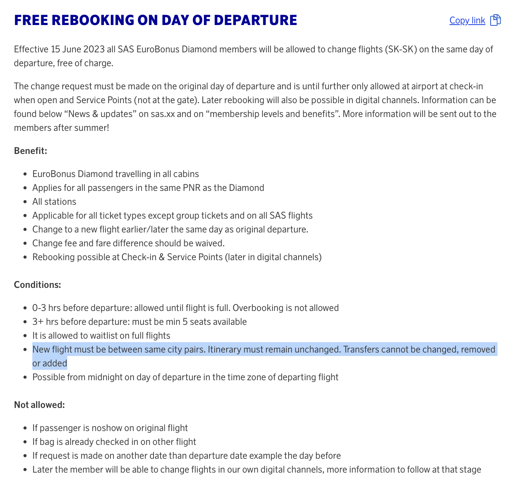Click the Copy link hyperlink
[467, 20]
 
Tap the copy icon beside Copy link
[496, 20]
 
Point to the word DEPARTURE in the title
[258, 20]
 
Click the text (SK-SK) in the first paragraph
[401, 49]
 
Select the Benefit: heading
[30, 151]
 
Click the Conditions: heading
[37, 285]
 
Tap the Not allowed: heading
[39, 405]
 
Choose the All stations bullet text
[54, 202]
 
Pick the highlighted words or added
[50, 363]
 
